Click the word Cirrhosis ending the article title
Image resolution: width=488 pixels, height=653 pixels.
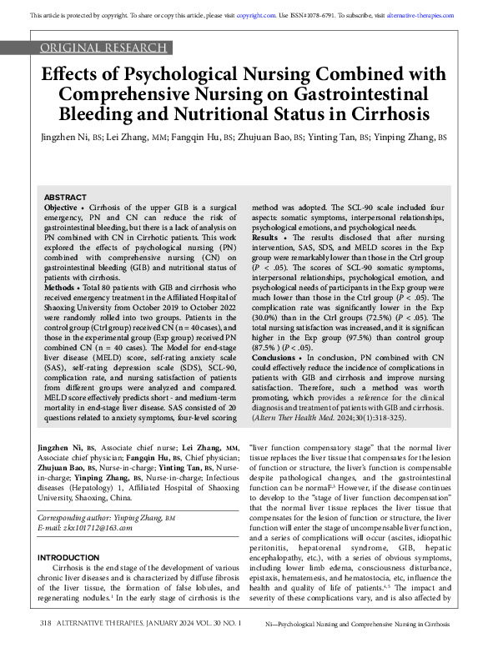click(x=392, y=113)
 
